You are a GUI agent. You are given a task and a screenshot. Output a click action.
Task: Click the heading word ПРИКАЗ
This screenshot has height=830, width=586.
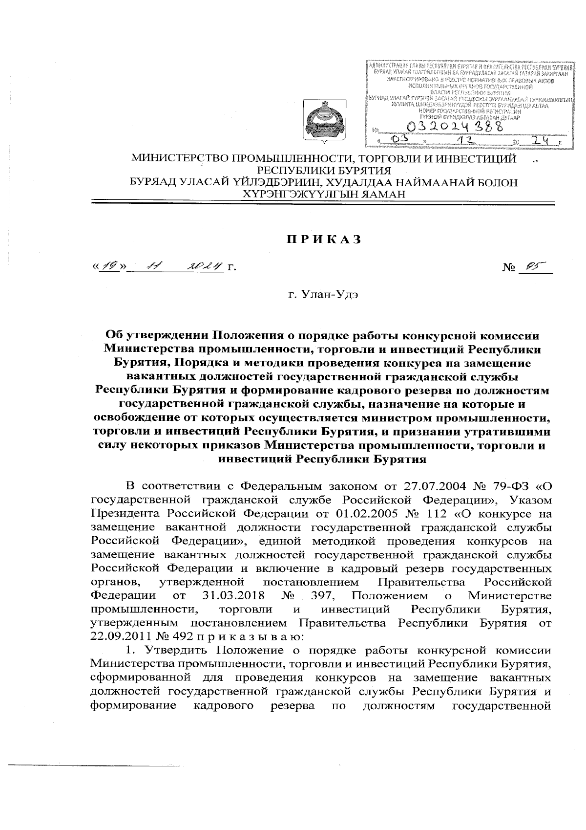click(x=323, y=240)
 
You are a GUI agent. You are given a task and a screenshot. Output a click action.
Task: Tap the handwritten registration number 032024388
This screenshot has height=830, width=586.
click(x=457, y=127)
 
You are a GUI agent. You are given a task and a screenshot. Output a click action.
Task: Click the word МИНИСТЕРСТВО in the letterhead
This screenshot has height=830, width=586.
click(x=181, y=159)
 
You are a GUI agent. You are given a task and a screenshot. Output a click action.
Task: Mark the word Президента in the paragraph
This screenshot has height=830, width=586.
click(x=125, y=514)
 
